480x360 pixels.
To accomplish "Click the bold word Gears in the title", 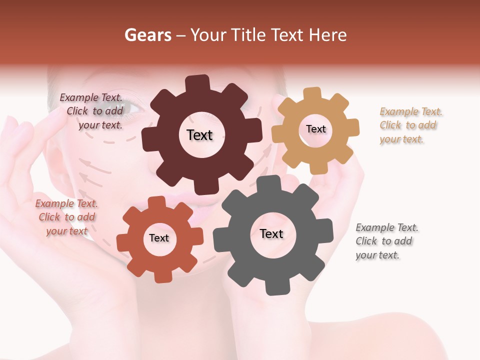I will pyautogui.click(x=147, y=35).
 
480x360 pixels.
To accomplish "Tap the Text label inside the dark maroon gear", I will pyautogui.click(x=199, y=135).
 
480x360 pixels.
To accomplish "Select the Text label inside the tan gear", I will pyautogui.click(x=315, y=129).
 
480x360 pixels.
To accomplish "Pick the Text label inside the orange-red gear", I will pyautogui.click(x=159, y=238).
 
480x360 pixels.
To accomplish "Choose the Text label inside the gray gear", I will pyautogui.click(x=271, y=233).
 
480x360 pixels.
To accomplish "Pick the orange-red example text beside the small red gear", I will pyautogui.click(x=66, y=217).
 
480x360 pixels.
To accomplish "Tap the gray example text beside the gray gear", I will pyautogui.click(x=386, y=241).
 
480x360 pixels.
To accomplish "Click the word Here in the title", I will pyautogui.click(x=330, y=35).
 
